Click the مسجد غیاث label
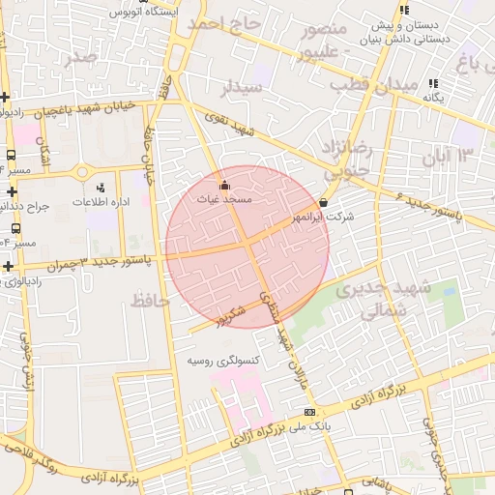pyautogui.click(x=224, y=198)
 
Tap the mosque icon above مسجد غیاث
pyautogui.click(x=224, y=184)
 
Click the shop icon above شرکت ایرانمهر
pyautogui.click(x=323, y=204)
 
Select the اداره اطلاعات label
pyautogui.click(x=101, y=203)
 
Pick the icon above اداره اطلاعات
pyautogui.click(x=101, y=188)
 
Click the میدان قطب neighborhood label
pyautogui.click(x=366, y=84)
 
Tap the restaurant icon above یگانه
pyautogui.click(x=432, y=84)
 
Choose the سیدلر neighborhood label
pyautogui.click(x=243, y=89)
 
